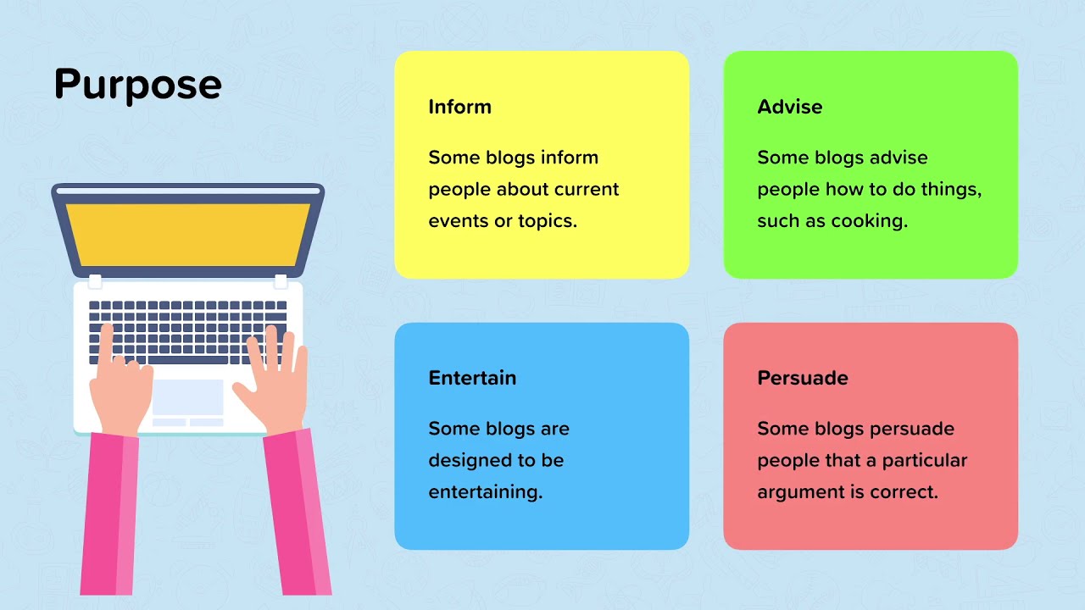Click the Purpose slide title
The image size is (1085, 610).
pos(138,85)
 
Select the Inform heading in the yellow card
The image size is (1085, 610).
pos(459,107)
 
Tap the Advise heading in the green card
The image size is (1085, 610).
pos(789,107)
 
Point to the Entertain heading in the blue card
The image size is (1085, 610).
pos(472,378)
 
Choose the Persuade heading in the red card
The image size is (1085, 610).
pos(803,378)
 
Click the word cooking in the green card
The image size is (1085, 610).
pos(870,221)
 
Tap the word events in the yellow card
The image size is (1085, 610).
pos(459,221)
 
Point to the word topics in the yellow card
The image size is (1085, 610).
pos(548,221)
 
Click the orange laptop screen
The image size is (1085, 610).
pos(188,235)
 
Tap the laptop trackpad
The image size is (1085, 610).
pos(188,397)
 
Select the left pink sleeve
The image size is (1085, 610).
pos(110,514)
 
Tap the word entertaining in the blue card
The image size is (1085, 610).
pos(486,493)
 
